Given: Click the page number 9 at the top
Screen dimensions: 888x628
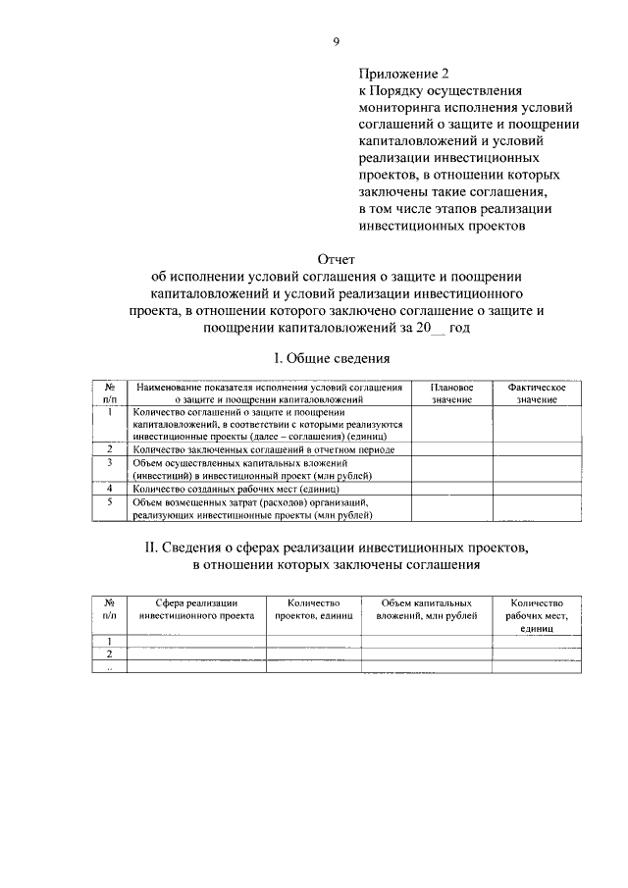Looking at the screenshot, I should pyautogui.click(x=336, y=41).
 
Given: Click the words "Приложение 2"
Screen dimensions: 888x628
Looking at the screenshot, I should pyautogui.click(x=402, y=72).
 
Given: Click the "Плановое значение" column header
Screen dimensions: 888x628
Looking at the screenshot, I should pyautogui.click(x=450, y=393).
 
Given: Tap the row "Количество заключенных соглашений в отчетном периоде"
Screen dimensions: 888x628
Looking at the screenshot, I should pyautogui.click(x=263, y=448).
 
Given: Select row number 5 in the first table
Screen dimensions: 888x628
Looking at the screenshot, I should pyautogui.click(x=111, y=501).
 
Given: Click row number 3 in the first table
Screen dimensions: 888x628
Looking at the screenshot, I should pyautogui.click(x=111, y=461).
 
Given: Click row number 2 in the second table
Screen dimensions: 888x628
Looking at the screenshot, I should pyautogui.click(x=110, y=653).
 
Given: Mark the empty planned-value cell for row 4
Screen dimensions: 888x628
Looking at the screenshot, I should pyautogui.click(x=450, y=487).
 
